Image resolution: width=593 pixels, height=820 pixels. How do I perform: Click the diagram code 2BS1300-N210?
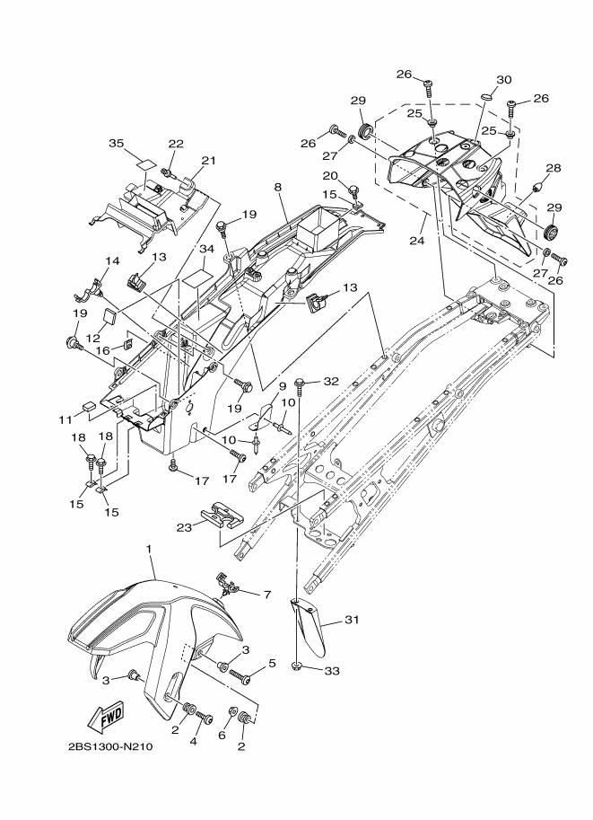point(110,746)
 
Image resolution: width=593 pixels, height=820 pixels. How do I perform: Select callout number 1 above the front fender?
point(149,549)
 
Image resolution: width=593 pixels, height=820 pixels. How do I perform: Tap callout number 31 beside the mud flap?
point(352,620)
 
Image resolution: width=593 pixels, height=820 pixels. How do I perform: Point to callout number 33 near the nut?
point(332,670)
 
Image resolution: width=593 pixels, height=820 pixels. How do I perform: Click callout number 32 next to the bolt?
point(331,381)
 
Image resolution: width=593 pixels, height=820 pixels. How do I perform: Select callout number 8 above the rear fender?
point(277,187)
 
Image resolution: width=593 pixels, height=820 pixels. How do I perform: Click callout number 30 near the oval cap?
point(503,80)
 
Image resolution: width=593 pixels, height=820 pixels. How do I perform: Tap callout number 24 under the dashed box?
point(417,241)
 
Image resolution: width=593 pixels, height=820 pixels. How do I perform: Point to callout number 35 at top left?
point(117,144)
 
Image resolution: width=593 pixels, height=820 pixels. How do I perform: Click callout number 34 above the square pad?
point(207,250)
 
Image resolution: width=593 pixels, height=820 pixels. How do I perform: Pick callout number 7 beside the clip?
point(267,595)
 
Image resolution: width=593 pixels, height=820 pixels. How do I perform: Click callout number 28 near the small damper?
point(554,168)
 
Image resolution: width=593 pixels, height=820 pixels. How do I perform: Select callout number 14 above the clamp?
point(113,261)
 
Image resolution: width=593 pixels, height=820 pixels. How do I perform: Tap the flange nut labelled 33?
point(296,666)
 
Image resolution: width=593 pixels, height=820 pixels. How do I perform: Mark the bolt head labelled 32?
point(300,383)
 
